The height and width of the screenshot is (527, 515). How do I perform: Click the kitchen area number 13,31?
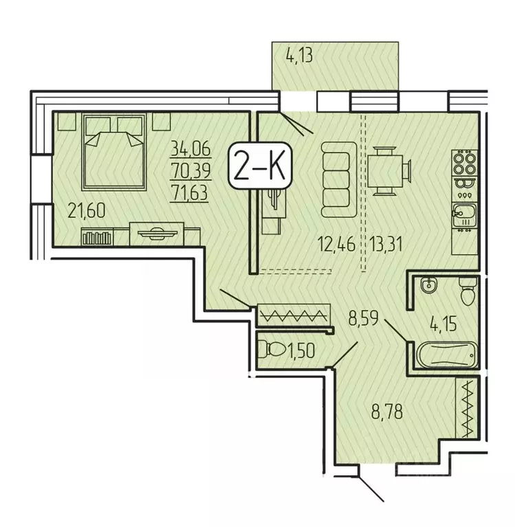[x=390, y=243]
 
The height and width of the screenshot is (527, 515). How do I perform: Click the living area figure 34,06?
[x=193, y=147]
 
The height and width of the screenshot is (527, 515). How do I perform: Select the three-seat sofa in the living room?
[x=337, y=176]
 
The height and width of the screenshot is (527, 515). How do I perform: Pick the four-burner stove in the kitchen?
[x=464, y=164]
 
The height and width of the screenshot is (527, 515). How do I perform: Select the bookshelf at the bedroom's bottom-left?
[x=96, y=238]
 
